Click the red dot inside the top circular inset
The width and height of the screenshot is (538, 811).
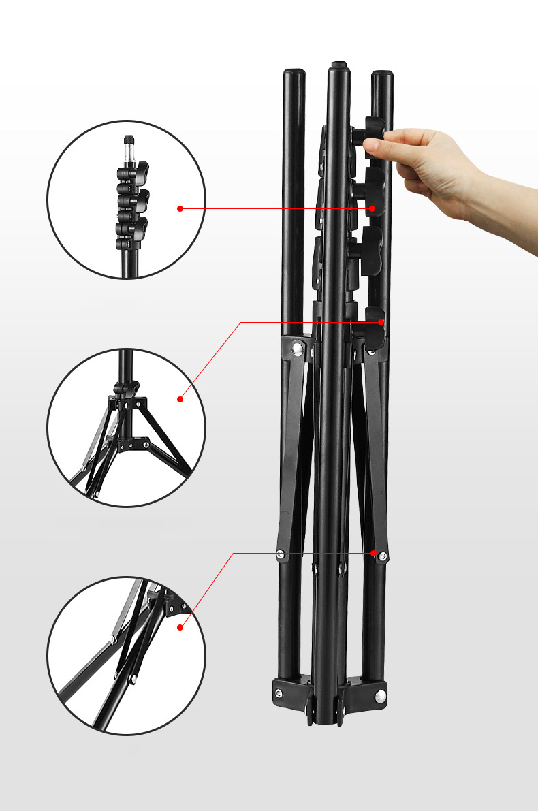pyautogui.click(x=180, y=208)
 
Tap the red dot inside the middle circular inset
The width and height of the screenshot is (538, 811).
pyautogui.click(x=180, y=399)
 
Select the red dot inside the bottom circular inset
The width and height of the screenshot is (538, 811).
pyautogui.click(x=180, y=627)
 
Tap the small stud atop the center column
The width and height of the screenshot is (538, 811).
pyautogui.click(x=338, y=65)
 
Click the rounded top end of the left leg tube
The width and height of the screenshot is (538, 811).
pyautogui.click(x=294, y=73)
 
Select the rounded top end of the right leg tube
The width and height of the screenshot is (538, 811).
pyautogui.click(x=382, y=74)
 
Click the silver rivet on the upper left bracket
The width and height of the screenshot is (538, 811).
pyautogui.click(x=297, y=350)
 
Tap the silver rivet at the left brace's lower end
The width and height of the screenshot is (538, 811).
pyautogui.click(x=281, y=555)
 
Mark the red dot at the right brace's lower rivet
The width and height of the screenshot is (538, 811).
pyautogui.click(x=376, y=553)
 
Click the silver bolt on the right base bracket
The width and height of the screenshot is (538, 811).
pyautogui.click(x=380, y=695)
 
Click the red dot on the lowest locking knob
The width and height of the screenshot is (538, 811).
pyautogui.click(x=381, y=321)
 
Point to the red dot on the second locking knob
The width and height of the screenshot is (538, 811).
pyautogui.click(x=373, y=208)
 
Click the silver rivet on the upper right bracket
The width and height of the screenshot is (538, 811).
pyautogui.click(x=371, y=351)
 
